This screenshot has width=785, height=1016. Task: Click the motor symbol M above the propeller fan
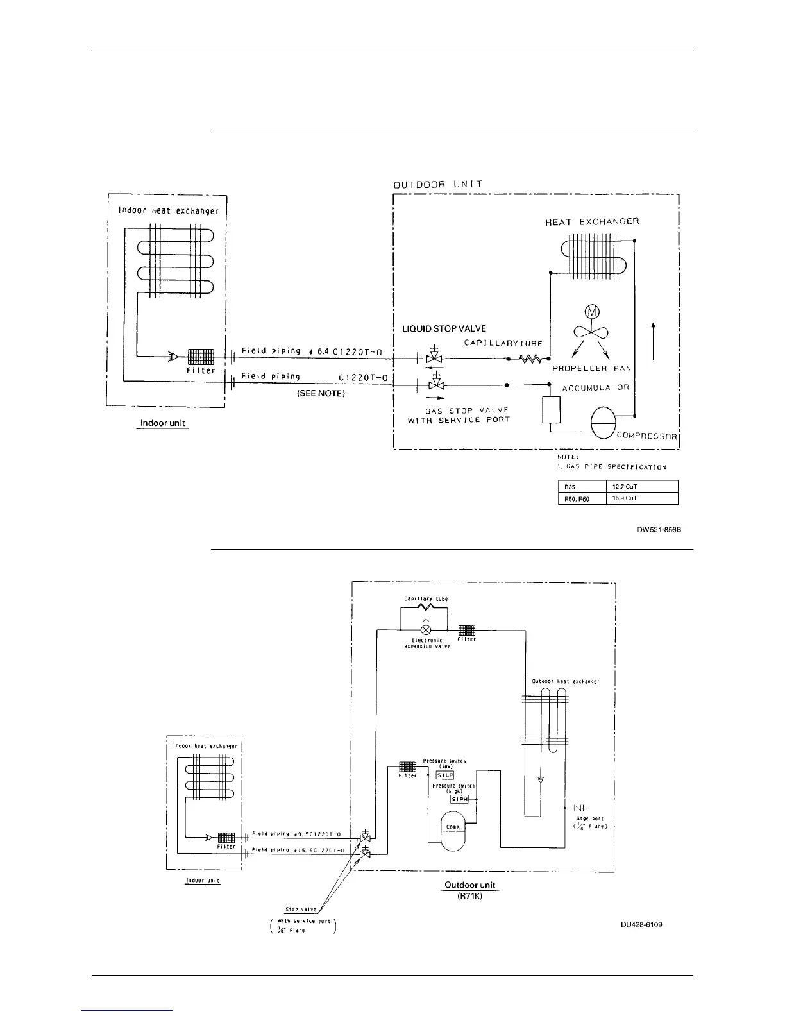(590, 312)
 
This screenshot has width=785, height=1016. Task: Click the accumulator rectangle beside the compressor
(552, 409)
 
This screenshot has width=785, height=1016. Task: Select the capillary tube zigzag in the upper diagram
(530, 360)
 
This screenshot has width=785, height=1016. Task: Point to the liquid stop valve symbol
(434, 358)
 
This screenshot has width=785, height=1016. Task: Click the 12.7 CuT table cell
(641, 487)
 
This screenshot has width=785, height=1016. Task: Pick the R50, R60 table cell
(582, 498)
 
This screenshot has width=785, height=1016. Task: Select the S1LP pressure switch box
(445, 775)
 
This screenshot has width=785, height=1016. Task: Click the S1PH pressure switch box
(459, 799)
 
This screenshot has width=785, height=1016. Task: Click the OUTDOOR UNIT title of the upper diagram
(438, 185)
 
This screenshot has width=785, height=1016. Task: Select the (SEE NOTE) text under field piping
(321, 394)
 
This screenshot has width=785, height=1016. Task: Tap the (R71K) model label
(469, 897)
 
